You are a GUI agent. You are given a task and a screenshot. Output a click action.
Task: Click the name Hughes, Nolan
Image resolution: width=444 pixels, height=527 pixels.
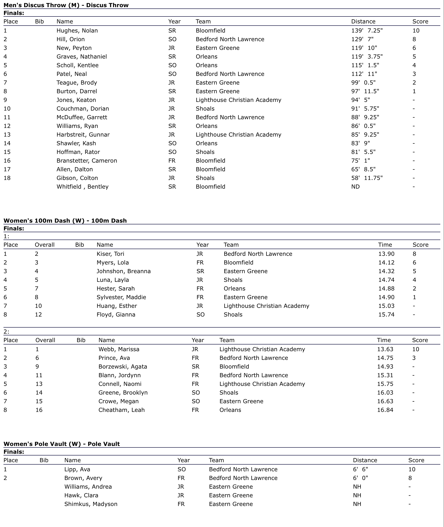click(x=77, y=31)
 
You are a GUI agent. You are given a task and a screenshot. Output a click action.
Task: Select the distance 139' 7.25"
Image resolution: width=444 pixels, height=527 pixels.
click(x=367, y=31)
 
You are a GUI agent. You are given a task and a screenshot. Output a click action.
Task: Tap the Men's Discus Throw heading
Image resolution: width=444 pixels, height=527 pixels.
click(x=66, y=5)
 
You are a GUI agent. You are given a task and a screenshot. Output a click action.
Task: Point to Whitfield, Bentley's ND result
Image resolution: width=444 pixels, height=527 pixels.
click(x=355, y=187)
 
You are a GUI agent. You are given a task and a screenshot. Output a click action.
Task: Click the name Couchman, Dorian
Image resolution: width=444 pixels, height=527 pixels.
click(x=83, y=109)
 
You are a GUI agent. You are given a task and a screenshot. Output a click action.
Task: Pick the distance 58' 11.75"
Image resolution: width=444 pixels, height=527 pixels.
click(x=367, y=178)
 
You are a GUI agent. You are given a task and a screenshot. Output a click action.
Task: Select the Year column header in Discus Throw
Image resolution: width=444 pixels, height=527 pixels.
click(x=174, y=21)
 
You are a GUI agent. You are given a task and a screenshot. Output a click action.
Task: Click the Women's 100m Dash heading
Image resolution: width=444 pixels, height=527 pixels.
click(x=65, y=220)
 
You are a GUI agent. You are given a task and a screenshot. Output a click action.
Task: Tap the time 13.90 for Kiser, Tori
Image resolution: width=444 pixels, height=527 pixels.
click(x=386, y=254)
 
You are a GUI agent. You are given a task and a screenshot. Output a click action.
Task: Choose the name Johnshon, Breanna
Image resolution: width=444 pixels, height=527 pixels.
click(x=124, y=271)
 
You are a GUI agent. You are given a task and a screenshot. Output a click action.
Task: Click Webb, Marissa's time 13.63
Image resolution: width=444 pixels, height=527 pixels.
click(x=385, y=349)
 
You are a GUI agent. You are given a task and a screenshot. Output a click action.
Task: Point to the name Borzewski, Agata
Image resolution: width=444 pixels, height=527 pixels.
click(x=123, y=367)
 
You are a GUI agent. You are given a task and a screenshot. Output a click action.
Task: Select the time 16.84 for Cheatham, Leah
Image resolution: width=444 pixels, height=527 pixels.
click(x=385, y=410)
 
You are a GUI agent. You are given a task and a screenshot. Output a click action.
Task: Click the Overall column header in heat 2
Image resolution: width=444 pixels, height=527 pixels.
click(x=45, y=340)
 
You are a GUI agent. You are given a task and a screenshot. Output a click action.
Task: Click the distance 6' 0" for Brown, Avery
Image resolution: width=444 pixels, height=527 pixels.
click(x=360, y=478)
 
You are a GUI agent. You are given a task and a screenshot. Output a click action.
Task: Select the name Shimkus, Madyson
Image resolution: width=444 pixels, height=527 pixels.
click(x=91, y=504)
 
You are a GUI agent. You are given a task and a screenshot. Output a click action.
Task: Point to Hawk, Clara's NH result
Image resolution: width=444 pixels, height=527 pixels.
click(x=357, y=495)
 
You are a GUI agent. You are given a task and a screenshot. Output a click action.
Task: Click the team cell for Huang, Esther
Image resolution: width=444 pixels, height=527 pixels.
click(x=266, y=306)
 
